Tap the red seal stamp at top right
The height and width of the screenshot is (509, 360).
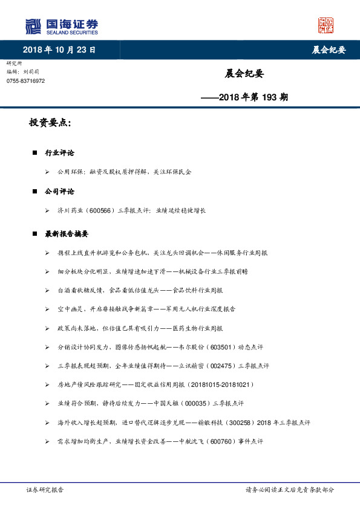tap(326, 25)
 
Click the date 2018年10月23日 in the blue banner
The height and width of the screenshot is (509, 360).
tap(59, 50)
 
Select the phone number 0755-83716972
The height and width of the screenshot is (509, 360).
tap(25, 80)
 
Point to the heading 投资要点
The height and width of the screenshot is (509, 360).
tap(50, 123)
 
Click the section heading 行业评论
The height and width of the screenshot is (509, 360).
tap(59, 153)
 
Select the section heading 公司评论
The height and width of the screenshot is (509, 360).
tap(59, 191)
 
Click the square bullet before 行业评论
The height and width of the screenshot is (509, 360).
tap(35, 154)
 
